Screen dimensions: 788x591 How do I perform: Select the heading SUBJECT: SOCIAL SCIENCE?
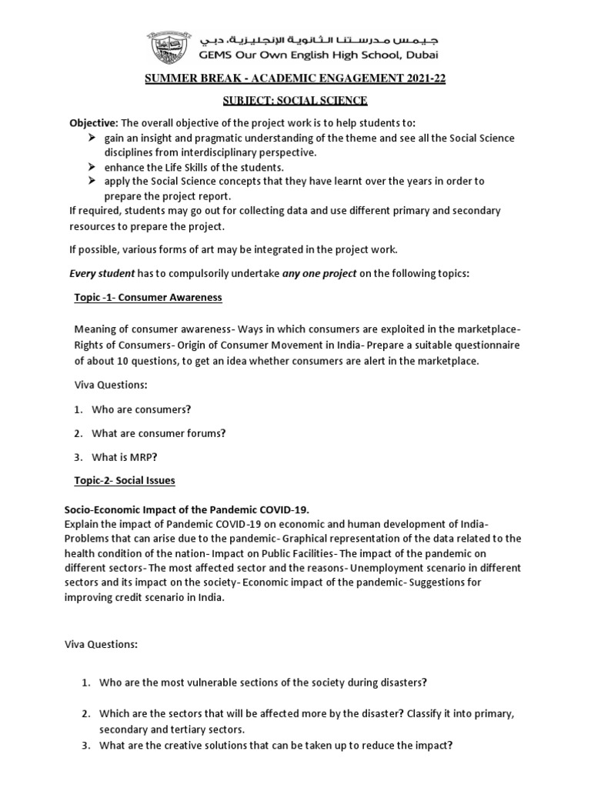(x=295, y=101)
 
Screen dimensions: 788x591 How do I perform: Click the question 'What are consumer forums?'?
(x=159, y=433)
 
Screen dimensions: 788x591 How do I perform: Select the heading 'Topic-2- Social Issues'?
(x=125, y=481)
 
